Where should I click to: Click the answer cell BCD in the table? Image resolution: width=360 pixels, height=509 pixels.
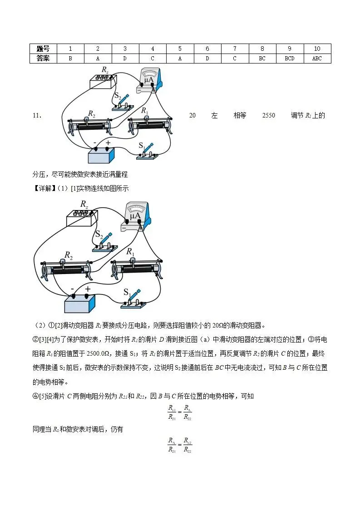(x=290, y=59)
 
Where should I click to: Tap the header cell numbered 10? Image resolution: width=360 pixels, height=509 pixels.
(x=317, y=49)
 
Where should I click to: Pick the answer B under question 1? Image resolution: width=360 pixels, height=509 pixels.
(x=70, y=59)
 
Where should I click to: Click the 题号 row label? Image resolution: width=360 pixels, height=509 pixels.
(x=43, y=49)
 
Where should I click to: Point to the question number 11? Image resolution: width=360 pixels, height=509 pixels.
(x=38, y=116)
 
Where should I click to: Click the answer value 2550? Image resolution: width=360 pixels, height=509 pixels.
(x=269, y=116)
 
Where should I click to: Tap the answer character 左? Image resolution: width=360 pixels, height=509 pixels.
(x=214, y=116)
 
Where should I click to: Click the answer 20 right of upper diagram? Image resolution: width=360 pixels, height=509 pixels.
(x=192, y=116)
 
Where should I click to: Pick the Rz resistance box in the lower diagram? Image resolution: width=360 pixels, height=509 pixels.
(x=82, y=218)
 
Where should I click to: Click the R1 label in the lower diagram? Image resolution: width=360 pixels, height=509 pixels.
(x=130, y=251)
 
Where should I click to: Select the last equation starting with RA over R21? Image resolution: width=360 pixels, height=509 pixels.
(x=180, y=445)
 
